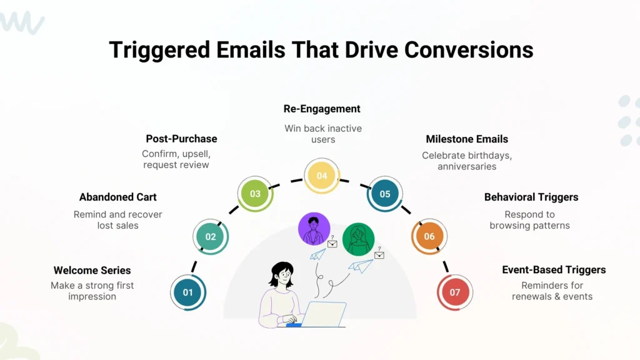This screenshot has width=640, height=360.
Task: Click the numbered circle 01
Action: (188, 292)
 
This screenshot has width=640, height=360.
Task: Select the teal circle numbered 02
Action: (211, 237)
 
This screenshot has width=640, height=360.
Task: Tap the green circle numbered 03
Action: (255, 194)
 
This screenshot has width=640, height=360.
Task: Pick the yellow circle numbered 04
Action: (321, 176)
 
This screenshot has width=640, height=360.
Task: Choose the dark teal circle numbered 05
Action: (385, 194)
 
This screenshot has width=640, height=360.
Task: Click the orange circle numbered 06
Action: (429, 236)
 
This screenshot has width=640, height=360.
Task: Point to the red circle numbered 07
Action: (454, 292)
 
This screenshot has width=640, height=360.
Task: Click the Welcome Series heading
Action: (92, 270)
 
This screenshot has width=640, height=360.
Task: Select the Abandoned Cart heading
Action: (117, 197)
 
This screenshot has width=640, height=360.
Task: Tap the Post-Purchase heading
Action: (181, 138)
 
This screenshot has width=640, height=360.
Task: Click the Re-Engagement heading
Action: (322, 109)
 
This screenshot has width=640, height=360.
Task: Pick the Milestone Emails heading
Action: (467, 139)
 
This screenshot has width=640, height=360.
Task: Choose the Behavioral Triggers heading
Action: (531, 197)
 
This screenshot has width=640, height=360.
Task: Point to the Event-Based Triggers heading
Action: (554, 270)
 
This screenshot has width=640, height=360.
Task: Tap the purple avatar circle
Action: (314, 229)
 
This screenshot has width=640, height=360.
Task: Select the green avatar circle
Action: (359, 238)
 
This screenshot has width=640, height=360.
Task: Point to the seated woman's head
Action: (281, 274)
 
